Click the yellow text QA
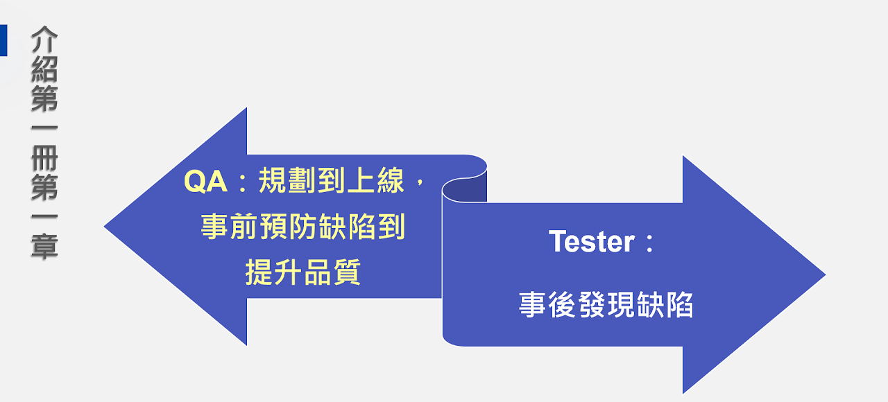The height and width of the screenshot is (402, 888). [x=206, y=182]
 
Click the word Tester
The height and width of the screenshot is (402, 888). [x=592, y=241]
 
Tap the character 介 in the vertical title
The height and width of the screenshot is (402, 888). [x=44, y=40]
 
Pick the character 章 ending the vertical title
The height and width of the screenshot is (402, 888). [x=44, y=246]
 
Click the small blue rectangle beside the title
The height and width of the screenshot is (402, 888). [x=3, y=40]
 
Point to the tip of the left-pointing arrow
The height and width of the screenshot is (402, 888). [x=104, y=227]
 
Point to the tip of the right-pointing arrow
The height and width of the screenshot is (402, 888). [x=826, y=274]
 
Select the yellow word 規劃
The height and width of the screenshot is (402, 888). [x=287, y=181]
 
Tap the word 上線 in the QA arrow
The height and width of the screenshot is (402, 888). [x=375, y=181]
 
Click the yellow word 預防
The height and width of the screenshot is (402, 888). [x=288, y=227]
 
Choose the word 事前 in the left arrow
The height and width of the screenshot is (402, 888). [x=230, y=227]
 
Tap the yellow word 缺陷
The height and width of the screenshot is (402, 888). [x=347, y=227]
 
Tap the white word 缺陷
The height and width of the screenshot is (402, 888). [x=665, y=304]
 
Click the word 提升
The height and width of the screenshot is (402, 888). [x=274, y=272]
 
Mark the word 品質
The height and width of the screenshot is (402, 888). [x=332, y=272]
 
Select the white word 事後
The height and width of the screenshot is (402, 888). [x=547, y=304]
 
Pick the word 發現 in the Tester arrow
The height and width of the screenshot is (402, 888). [x=606, y=304]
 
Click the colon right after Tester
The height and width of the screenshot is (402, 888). [x=649, y=243]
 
